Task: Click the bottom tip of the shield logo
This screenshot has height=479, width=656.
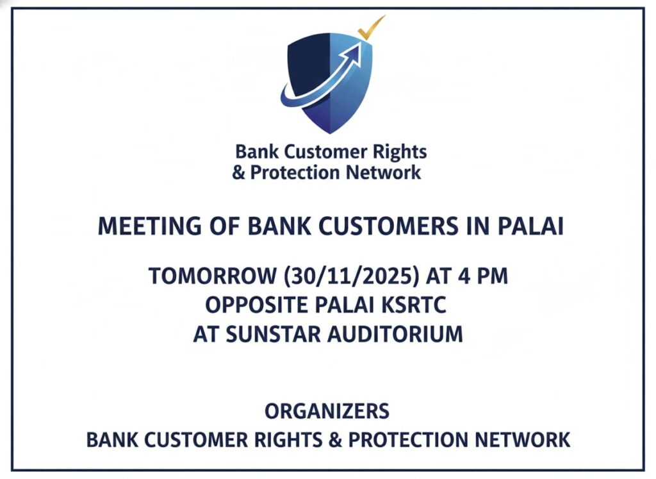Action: click(330, 133)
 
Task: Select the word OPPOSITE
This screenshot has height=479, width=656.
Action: click(256, 305)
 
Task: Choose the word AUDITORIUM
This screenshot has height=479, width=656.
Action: click(395, 335)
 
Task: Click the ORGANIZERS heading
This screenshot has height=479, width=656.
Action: click(327, 411)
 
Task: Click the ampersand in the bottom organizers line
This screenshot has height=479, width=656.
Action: click(335, 440)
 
